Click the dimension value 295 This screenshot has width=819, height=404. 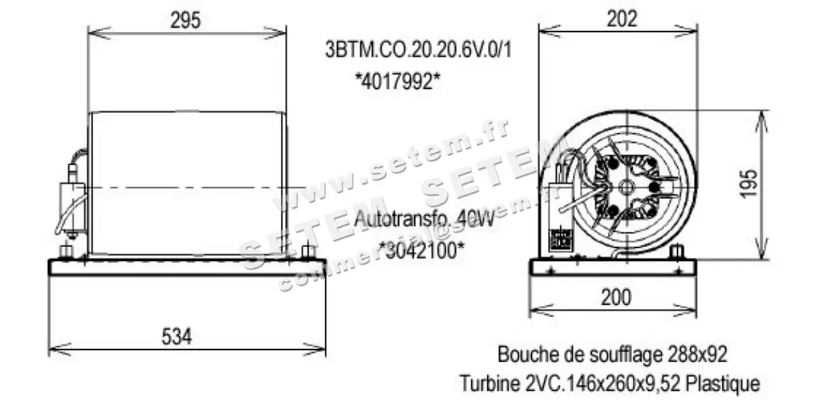point(186,20)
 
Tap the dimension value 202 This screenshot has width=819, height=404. point(622,19)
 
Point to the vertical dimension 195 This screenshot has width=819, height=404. point(748,183)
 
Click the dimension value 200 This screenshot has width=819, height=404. point(616,297)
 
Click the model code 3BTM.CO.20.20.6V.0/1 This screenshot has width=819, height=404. point(418,51)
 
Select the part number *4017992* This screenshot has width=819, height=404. point(398,81)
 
